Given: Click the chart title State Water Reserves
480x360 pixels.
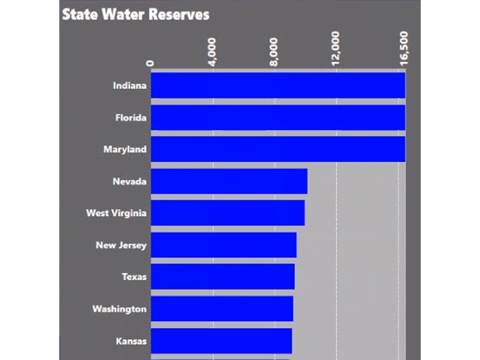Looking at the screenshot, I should (x=135, y=14).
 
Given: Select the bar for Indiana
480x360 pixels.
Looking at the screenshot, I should (x=278, y=85).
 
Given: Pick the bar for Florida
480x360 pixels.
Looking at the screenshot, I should (x=278, y=117).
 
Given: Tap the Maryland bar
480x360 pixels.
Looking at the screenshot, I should (x=278, y=149).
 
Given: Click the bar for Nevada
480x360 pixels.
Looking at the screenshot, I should (x=228, y=181).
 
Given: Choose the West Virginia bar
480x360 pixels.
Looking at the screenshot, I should (x=227, y=213).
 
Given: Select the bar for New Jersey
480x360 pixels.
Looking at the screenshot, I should (x=223, y=245).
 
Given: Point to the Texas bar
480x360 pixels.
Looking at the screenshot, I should (x=222, y=277).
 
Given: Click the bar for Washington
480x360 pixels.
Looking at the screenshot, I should (x=221, y=309).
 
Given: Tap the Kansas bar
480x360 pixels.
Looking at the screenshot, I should (x=220, y=340).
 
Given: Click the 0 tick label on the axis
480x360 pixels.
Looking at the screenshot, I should (x=150, y=62).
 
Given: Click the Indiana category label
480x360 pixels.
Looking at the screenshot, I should (x=129, y=86).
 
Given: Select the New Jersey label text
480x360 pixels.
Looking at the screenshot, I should (x=121, y=245).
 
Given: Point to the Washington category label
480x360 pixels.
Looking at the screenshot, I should (x=119, y=309).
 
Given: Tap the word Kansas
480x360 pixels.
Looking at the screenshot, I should (x=131, y=340).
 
